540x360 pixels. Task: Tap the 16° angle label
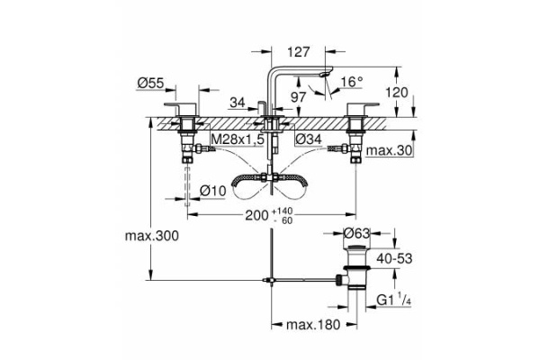[351, 83]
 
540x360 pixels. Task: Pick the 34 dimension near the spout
[238, 103]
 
